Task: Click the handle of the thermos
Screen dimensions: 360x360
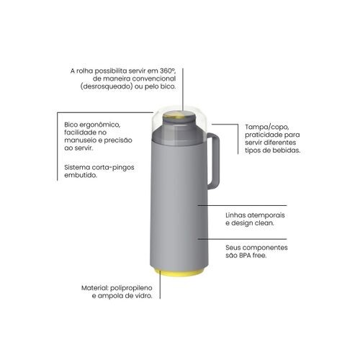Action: click(217, 161)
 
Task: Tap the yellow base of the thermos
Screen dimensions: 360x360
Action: click(178, 272)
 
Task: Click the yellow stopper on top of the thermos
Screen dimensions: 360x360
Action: click(179, 117)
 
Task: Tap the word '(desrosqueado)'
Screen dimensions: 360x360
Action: click(107, 86)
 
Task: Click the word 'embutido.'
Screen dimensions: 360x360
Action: click(81, 175)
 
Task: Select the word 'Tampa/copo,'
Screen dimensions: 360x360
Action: click(267, 127)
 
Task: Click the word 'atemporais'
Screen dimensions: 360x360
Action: click(266, 215)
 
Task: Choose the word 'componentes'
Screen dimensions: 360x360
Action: click(266, 248)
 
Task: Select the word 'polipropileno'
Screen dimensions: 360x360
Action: click(131, 288)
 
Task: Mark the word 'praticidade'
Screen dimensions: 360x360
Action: click(264, 135)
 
